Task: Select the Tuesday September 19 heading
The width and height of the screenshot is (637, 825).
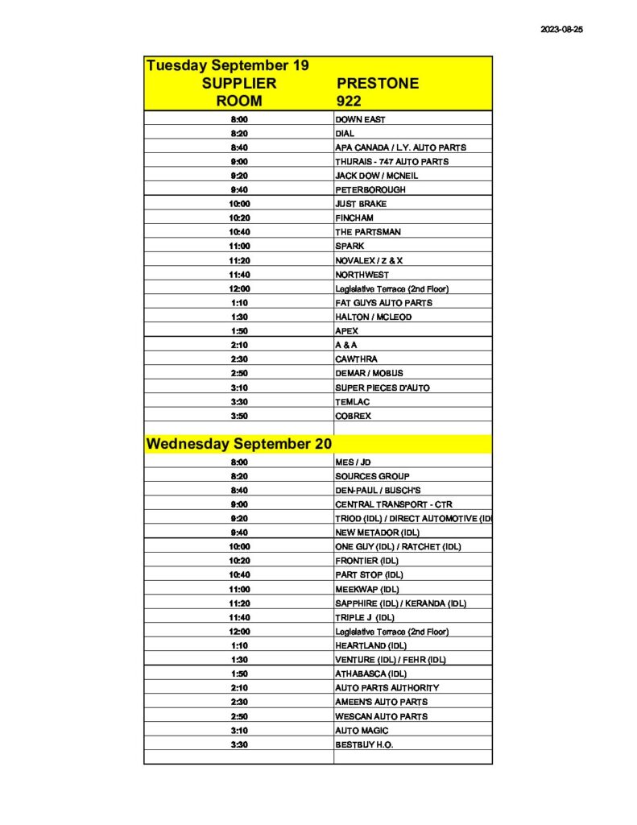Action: click(228, 65)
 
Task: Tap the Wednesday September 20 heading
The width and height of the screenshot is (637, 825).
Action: click(238, 443)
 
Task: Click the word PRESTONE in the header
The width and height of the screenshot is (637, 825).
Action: click(377, 84)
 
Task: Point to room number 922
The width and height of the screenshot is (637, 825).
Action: click(350, 102)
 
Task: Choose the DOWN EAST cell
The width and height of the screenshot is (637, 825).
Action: click(360, 119)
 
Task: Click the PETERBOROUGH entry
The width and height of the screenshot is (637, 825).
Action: click(370, 190)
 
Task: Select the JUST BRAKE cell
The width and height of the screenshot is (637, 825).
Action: click(361, 204)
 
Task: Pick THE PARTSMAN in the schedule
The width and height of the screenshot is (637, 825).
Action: click(368, 232)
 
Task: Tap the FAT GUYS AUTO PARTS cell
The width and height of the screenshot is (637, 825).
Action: click(383, 303)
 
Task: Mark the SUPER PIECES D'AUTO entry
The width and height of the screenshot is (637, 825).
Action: click(383, 388)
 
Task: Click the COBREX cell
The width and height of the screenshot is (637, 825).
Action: click(354, 416)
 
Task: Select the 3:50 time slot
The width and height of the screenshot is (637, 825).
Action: click(239, 416)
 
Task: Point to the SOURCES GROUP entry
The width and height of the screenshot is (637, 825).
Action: click(372, 476)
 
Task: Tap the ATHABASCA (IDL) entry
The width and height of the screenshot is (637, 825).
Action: click(371, 674)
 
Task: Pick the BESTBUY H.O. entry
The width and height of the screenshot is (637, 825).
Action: click(364, 744)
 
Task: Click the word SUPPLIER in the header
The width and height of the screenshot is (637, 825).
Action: click(239, 84)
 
